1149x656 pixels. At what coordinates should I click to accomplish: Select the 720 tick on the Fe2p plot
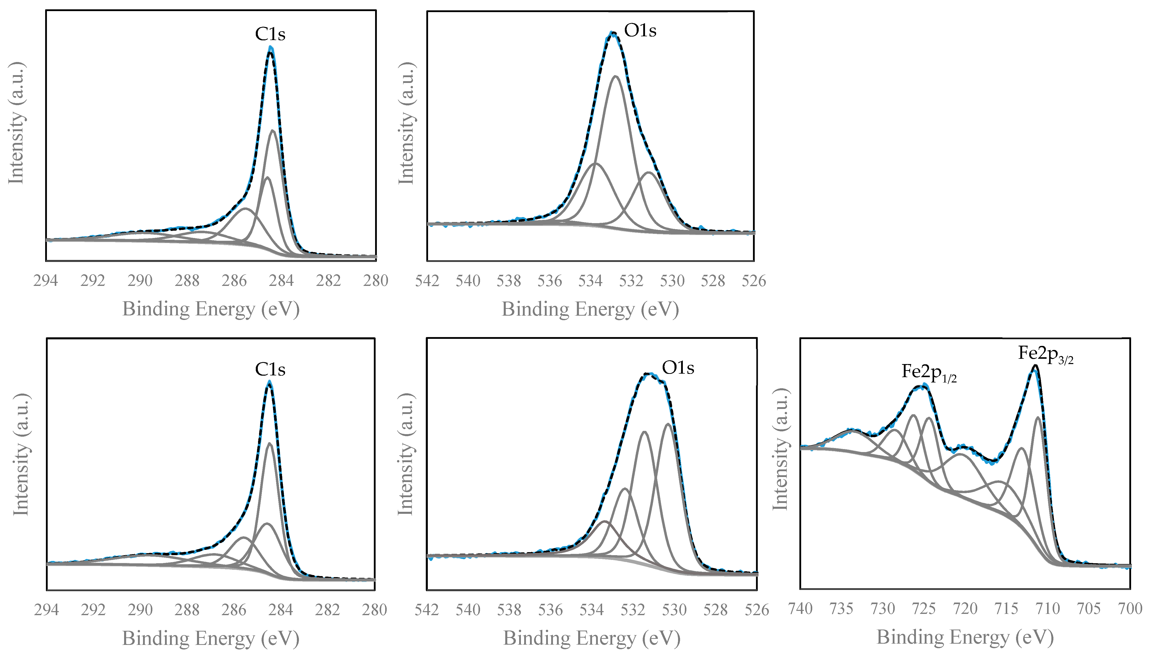click(965, 609)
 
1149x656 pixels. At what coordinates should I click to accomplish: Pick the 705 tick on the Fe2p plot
click(1089, 609)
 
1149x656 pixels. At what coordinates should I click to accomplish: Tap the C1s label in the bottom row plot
click(270, 369)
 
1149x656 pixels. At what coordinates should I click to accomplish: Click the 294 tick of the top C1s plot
click(45, 281)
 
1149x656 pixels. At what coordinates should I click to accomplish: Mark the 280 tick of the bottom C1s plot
click(375, 610)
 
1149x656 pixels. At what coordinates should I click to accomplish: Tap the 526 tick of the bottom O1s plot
click(757, 610)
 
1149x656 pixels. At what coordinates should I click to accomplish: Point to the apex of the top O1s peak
click(612, 33)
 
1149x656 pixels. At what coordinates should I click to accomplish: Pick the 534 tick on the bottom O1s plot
click(592, 610)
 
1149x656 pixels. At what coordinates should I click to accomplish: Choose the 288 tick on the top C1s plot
click(187, 281)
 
